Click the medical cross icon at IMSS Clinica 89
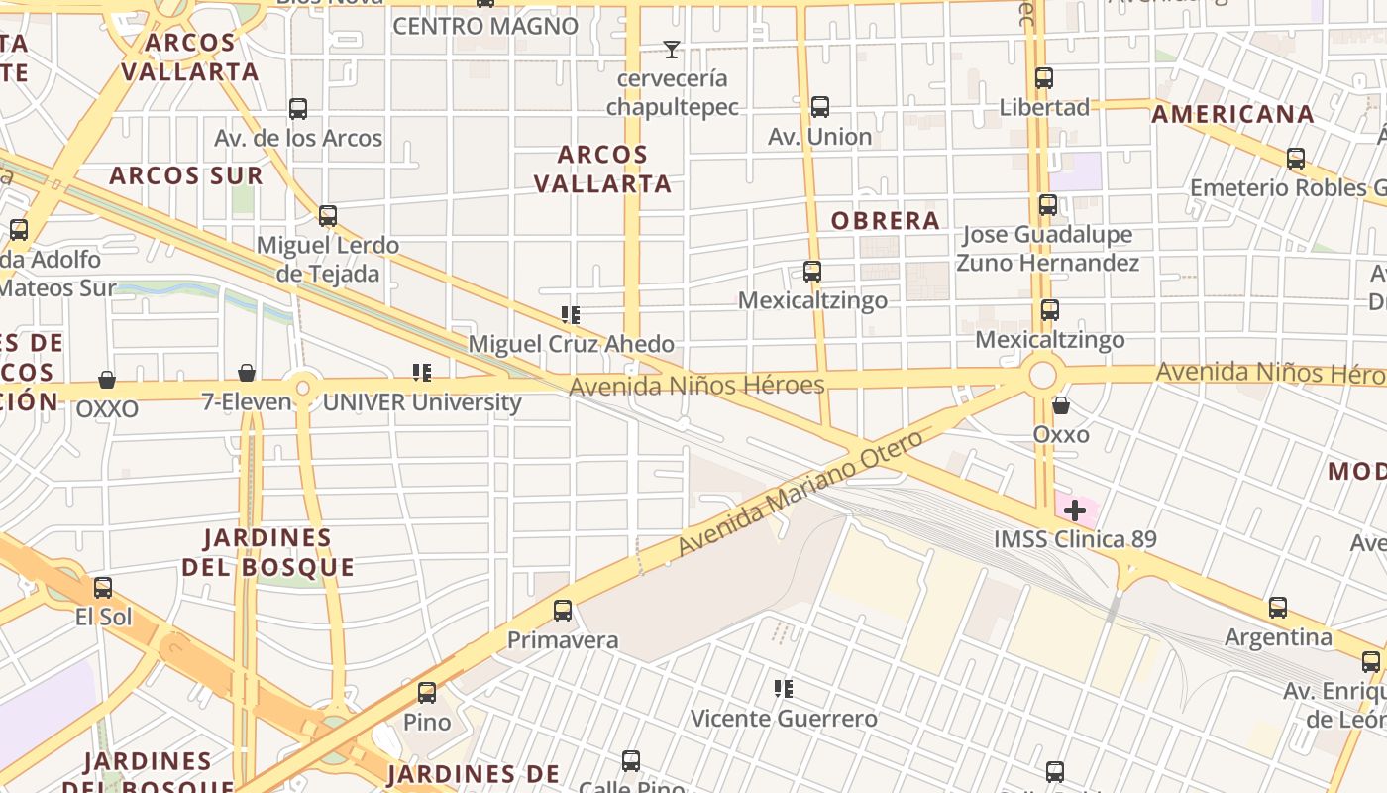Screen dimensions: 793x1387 (x=1075, y=511)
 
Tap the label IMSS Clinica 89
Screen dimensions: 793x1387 (x=1074, y=540)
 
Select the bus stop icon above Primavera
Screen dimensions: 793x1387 (x=563, y=611)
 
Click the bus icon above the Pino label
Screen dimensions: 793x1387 (x=427, y=692)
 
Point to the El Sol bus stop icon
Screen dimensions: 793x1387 (x=103, y=588)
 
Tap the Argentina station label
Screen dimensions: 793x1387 (x=1278, y=637)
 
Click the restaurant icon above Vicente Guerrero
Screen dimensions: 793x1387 (x=784, y=688)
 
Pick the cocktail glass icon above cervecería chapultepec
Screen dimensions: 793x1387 (x=672, y=49)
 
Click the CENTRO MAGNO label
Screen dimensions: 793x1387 (x=485, y=27)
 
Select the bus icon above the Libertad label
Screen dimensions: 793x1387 (x=1044, y=77)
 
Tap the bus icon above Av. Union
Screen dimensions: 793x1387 (x=820, y=107)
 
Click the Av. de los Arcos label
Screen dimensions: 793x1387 (x=298, y=139)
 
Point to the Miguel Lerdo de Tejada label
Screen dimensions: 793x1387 (x=328, y=259)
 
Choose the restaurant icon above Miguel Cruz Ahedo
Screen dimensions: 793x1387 (x=571, y=315)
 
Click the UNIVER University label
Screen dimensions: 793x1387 (x=422, y=402)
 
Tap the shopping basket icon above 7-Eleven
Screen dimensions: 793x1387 (x=247, y=373)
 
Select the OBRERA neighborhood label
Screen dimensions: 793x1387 (x=885, y=221)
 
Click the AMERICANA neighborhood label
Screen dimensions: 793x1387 (x=1232, y=114)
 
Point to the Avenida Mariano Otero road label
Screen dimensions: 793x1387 (x=800, y=494)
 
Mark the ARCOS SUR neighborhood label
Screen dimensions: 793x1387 (x=186, y=176)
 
